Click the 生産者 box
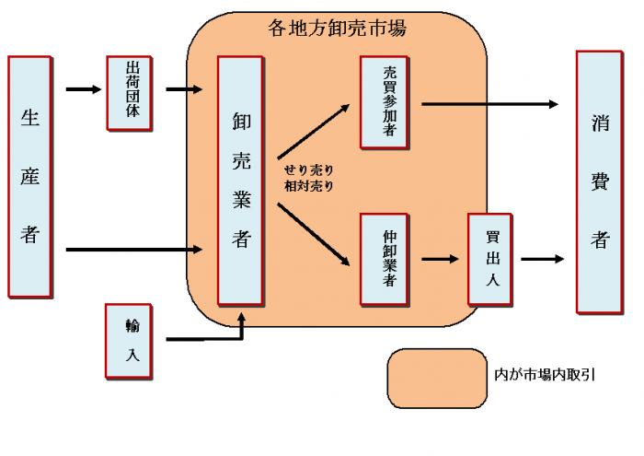coord(29,177)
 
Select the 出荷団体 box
coord(129,92)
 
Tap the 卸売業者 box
coord(241,181)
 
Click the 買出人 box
coord(489,260)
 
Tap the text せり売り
coord(308,170)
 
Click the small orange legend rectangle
coord(436,378)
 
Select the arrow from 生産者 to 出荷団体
coord(85,90)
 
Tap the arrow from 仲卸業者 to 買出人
coord(440,260)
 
